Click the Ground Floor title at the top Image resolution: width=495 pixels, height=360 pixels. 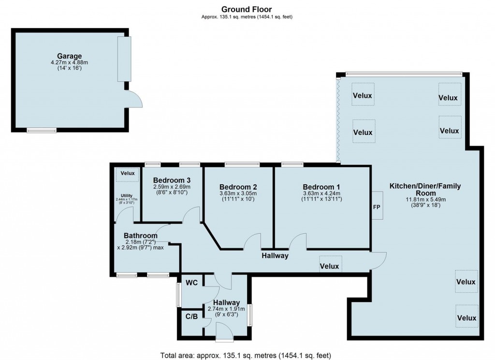click(247, 9)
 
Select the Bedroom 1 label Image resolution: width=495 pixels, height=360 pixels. click(321, 187)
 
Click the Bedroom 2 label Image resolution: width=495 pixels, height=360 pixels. click(237, 187)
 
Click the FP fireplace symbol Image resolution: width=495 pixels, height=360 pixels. click(377, 206)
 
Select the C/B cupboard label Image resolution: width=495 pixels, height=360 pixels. click(191, 316)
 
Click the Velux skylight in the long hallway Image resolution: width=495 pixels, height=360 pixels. click(330, 266)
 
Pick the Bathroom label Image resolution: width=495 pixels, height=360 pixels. click(140, 236)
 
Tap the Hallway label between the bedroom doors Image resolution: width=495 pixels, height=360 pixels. click(275, 255)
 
